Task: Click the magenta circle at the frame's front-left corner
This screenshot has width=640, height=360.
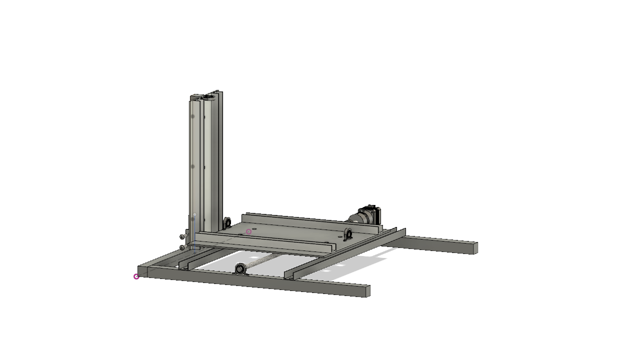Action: click(x=136, y=276)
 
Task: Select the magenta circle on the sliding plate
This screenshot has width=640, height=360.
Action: click(x=248, y=231)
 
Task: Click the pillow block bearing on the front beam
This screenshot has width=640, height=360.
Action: click(x=240, y=269)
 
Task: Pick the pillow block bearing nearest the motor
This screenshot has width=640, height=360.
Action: click(x=348, y=233)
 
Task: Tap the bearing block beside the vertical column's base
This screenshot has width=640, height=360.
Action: click(x=227, y=222)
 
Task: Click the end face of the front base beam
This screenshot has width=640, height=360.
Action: click(x=368, y=291)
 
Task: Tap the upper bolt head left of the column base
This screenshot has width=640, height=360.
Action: click(x=182, y=236)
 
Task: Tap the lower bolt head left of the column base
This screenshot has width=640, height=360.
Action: click(x=182, y=247)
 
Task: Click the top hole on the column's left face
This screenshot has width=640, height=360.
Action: click(x=192, y=116)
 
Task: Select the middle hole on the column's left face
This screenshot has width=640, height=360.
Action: click(x=192, y=166)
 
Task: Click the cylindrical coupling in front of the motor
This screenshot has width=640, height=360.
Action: click(x=356, y=218)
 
